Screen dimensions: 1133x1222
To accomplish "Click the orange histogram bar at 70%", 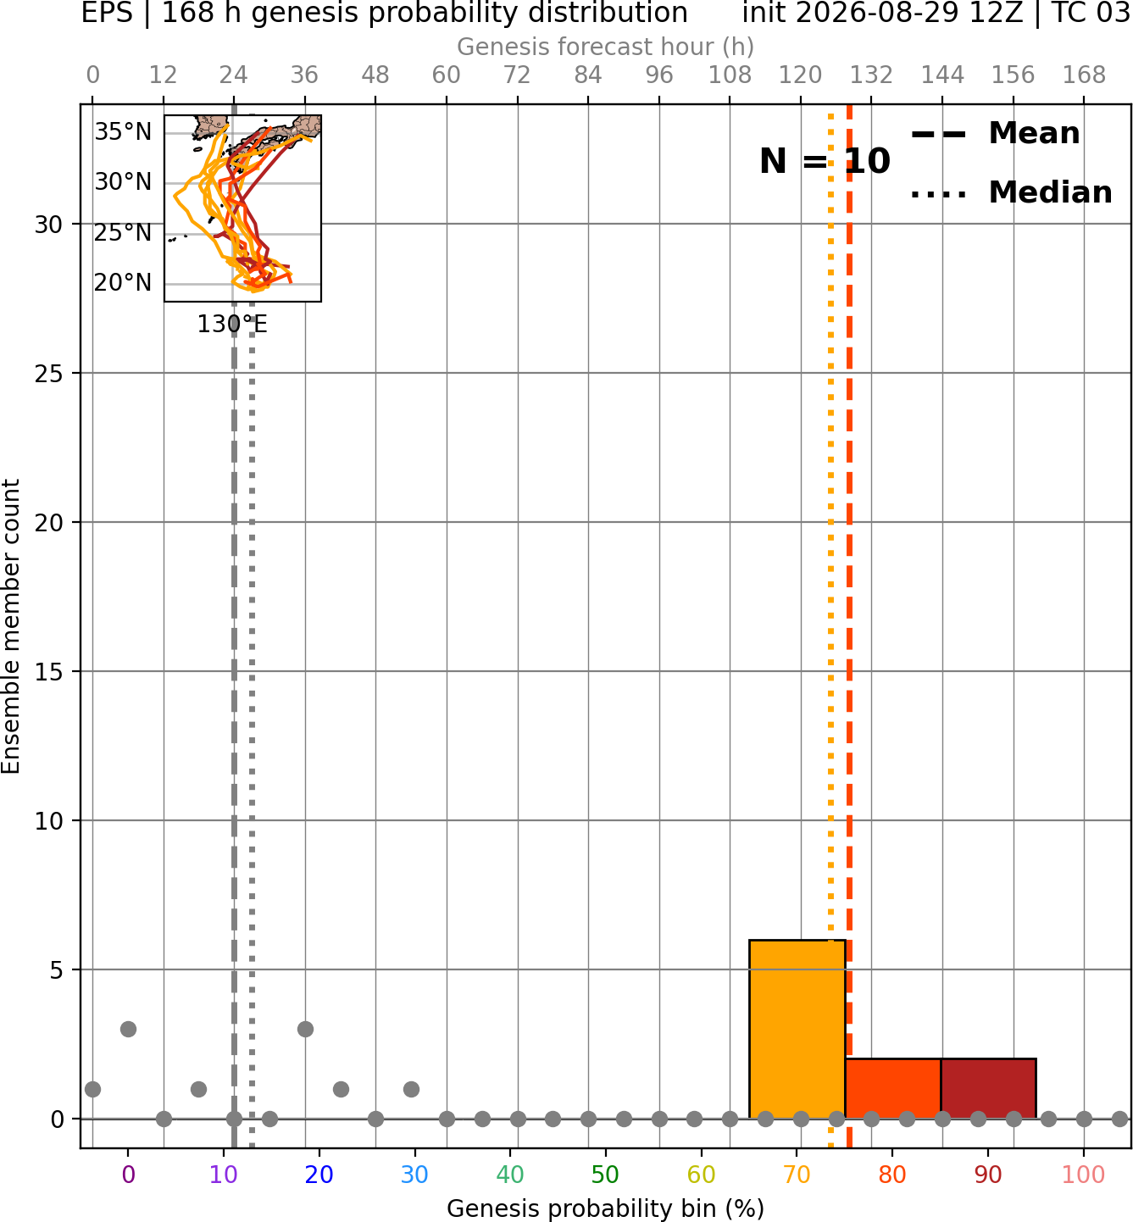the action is (x=797, y=1030).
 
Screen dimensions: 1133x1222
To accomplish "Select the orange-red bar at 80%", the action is (x=893, y=1089).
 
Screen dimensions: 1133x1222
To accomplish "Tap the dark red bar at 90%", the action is (x=988, y=1089).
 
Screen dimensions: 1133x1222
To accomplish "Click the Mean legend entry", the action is (x=995, y=134).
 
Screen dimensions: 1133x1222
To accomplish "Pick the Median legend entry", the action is (x=1012, y=192).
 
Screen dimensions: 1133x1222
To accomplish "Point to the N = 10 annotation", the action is (x=825, y=161).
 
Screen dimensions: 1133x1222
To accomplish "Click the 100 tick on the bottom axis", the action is (x=1083, y=1175).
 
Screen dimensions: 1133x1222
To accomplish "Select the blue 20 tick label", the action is (x=319, y=1175).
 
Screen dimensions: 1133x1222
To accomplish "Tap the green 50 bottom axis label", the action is (x=605, y=1175).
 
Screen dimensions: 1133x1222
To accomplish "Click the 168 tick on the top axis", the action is (x=1084, y=75).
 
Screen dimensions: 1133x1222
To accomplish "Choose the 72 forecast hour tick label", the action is (x=517, y=75).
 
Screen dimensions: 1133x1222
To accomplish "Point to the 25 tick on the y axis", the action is (x=48, y=374).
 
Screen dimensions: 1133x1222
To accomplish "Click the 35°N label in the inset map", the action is (x=123, y=131).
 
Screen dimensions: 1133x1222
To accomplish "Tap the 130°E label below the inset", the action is (x=232, y=325).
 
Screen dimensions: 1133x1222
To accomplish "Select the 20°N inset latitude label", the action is (x=123, y=282).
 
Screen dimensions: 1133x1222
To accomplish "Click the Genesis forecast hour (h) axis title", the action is (x=606, y=47).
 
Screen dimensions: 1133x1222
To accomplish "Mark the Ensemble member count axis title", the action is (x=11, y=626).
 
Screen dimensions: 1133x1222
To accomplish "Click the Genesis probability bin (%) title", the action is (x=606, y=1208).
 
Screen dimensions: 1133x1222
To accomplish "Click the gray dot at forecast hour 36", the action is (x=305, y=1030).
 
